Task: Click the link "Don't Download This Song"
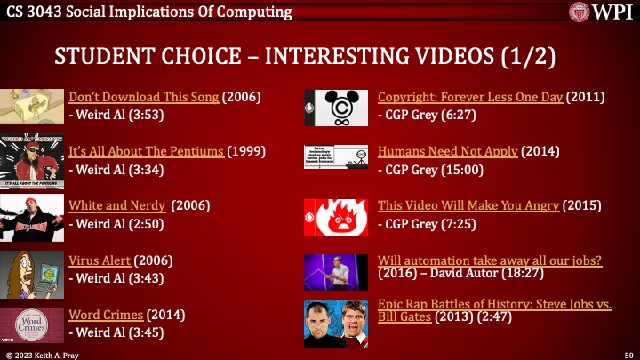click(143, 97)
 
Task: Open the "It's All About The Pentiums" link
click(147, 151)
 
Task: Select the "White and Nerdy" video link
click(116, 205)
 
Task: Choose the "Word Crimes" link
click(106, 315)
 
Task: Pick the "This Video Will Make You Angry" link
click(468, 205)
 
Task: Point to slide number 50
click(628, 355)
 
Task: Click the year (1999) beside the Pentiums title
click(246, 151)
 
